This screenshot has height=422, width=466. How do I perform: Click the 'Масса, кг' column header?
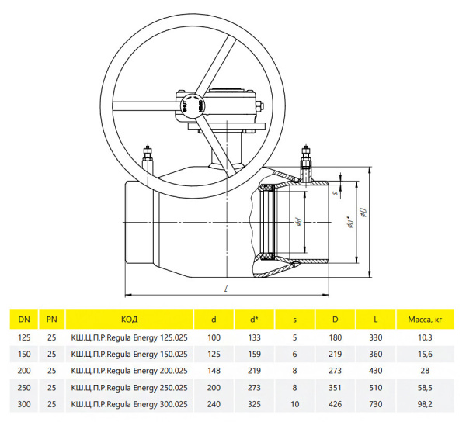pos(425,320)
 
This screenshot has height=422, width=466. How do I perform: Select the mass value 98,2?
pos(425,404)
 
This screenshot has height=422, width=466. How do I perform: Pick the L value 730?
pos(376,404)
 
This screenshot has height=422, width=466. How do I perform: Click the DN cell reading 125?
pos(24,337)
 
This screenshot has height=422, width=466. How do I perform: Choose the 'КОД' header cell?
pos(129,320)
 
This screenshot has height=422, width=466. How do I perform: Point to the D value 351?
pos(335,388)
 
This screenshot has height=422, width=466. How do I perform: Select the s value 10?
pos(294,404)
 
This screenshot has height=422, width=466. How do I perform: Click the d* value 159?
pos(254,354)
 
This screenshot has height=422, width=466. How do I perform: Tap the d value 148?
pos(214,371)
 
